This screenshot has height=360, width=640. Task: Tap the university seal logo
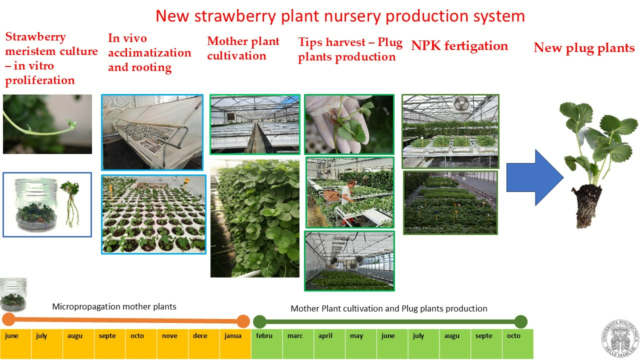[x=620, y=339]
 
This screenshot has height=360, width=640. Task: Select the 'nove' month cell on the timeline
[x=172, y=343]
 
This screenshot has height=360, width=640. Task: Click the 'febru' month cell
[x=267, y=343]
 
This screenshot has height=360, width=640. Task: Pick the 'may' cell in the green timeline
[x=361, y=343]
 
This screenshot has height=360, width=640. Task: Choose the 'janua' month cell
[x=235, y=343]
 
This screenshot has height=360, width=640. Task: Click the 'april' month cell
[x=329, y=343]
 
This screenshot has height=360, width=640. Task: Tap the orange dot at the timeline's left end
[x=9, y=319]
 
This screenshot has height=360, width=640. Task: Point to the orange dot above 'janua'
[x=243, y=321]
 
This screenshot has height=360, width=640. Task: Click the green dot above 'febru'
[x=259, y=321]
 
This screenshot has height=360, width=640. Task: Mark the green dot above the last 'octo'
[x=521, y=321]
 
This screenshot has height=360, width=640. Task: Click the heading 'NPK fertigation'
[x=459, y=46]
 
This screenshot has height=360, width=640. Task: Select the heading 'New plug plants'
[x=584, y=48]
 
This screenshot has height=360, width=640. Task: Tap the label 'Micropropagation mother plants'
[x=114, y=306]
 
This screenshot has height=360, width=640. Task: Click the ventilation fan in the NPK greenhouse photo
[x=461, y=104]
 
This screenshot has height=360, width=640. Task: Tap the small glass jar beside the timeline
[x=13, y=294]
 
